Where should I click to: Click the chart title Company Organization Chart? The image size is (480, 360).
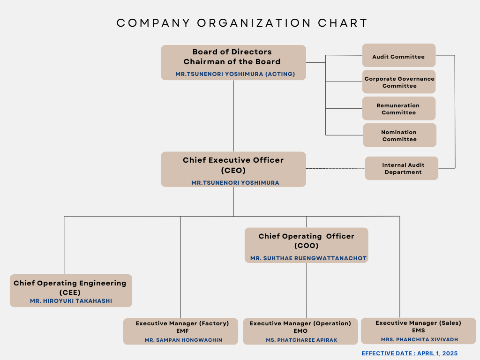click(x=242, y=23)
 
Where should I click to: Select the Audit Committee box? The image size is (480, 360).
click(x=399, y=55)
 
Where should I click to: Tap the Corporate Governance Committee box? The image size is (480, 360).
click(x=399, y=82)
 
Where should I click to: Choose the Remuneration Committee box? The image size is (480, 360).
click(x=399, y=108)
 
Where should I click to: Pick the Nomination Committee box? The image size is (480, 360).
click(x=399, y=135)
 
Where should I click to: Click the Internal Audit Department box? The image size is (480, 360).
click(x=402, y=168)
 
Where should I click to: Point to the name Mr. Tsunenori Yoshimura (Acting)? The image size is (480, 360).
click(x=235, y=74)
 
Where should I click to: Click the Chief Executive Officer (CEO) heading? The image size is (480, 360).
click(x=233, y=165)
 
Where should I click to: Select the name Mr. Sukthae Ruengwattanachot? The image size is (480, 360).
click(x=308, y=258)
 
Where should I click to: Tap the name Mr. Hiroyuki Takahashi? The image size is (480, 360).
click(x=71, y=301)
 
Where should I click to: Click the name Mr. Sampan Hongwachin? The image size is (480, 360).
click(x=183, y=340)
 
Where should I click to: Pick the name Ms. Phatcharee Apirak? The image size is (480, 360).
click(x=301, y=340)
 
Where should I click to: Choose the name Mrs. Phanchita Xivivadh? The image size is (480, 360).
click(x=420, y=339)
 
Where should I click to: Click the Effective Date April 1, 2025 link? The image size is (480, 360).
click(x=410, y=353)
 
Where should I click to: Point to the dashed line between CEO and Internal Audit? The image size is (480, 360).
click(x=336, y=168)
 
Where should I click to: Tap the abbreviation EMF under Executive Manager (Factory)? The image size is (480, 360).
click(x=182, y=331)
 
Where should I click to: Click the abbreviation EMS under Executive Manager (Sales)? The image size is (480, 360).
click(x=419, y=330)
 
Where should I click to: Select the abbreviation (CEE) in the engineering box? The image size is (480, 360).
click(x=70, y=292)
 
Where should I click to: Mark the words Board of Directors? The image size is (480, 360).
click(x=232, y=52)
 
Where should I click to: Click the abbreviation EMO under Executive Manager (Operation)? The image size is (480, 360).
click(x=300, y=331)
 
